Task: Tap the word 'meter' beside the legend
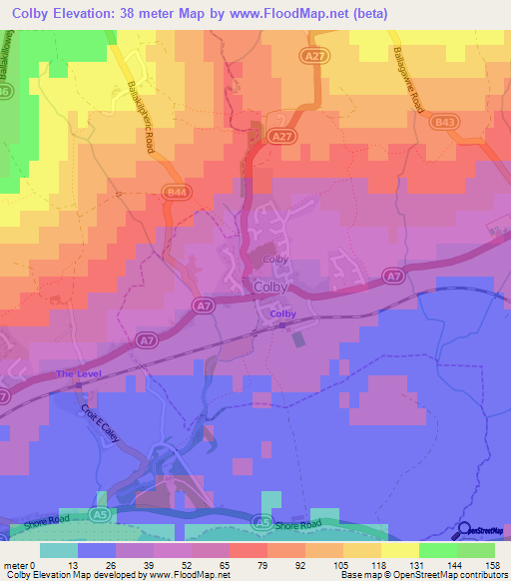coord(13,565)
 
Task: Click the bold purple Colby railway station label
coord(282,314)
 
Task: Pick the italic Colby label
coord(274,259)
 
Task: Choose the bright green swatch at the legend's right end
coord(477,550)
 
